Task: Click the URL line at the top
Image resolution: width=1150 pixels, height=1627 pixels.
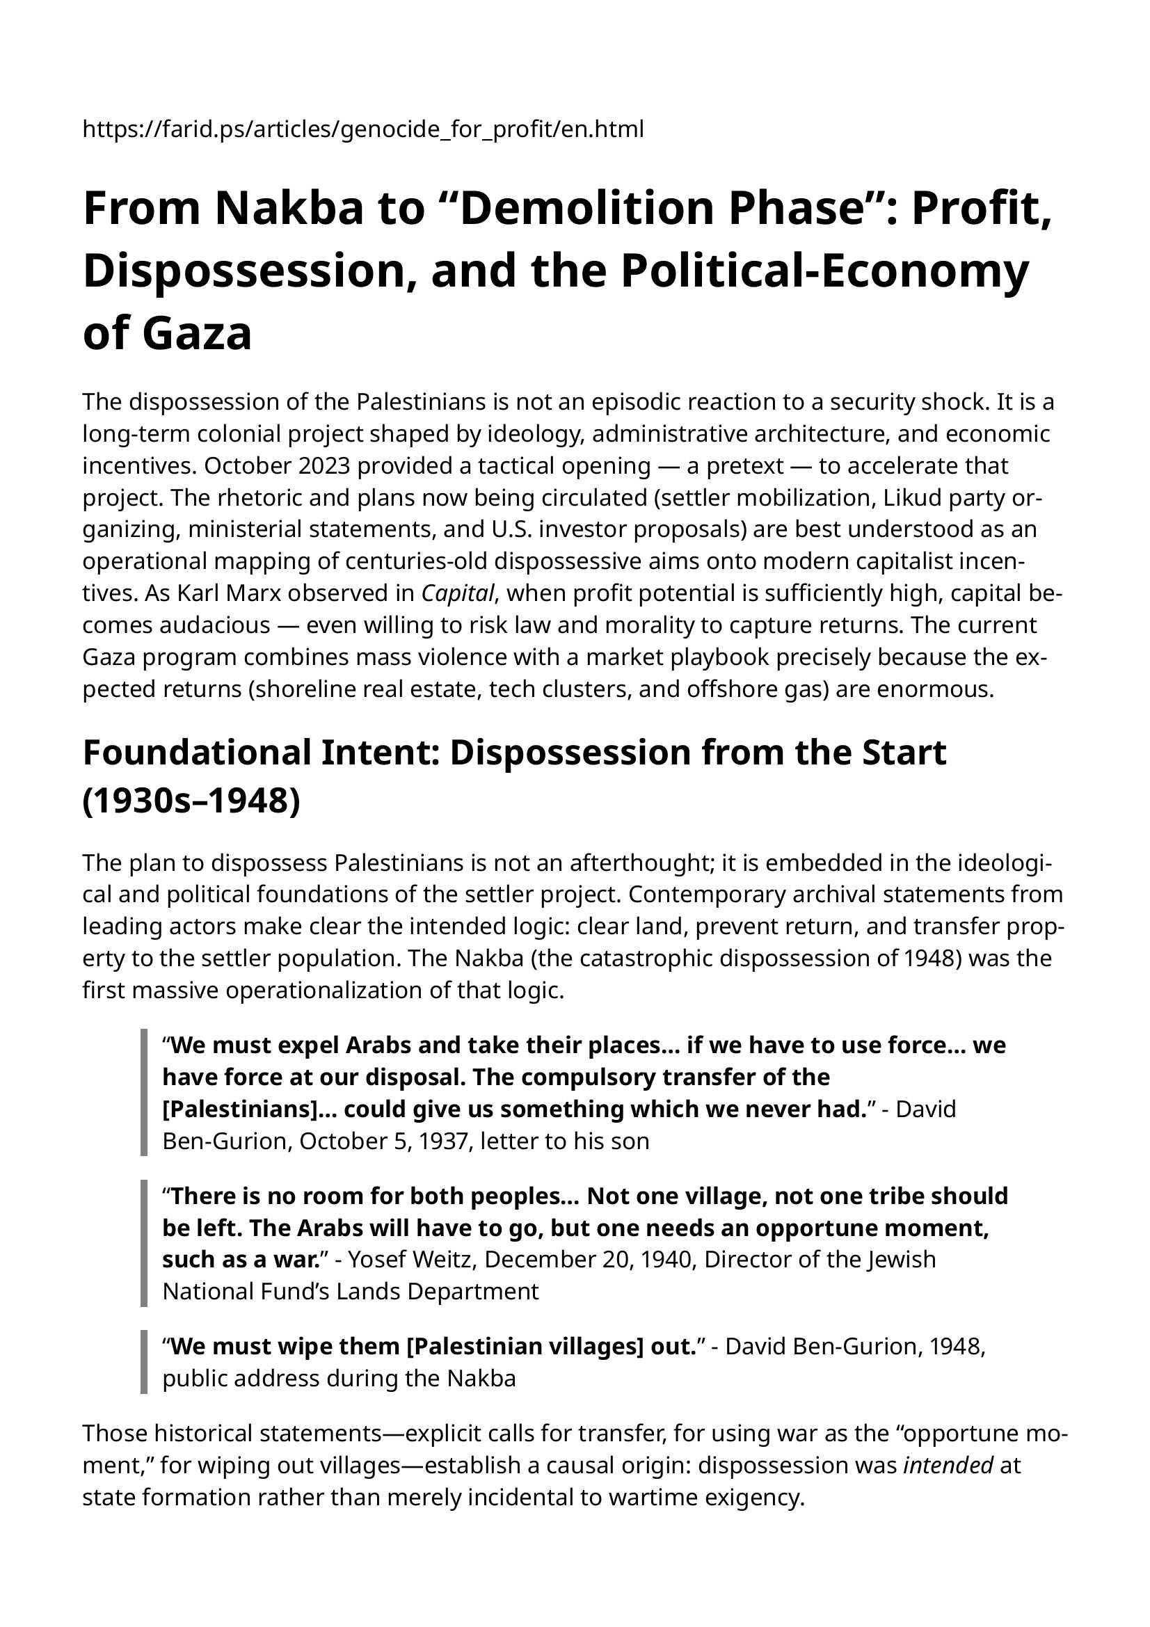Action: pos(362,129)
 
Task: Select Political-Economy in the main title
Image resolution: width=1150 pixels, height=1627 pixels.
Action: pos(824,271)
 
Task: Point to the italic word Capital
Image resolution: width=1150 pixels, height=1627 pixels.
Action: pos(456,593)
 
